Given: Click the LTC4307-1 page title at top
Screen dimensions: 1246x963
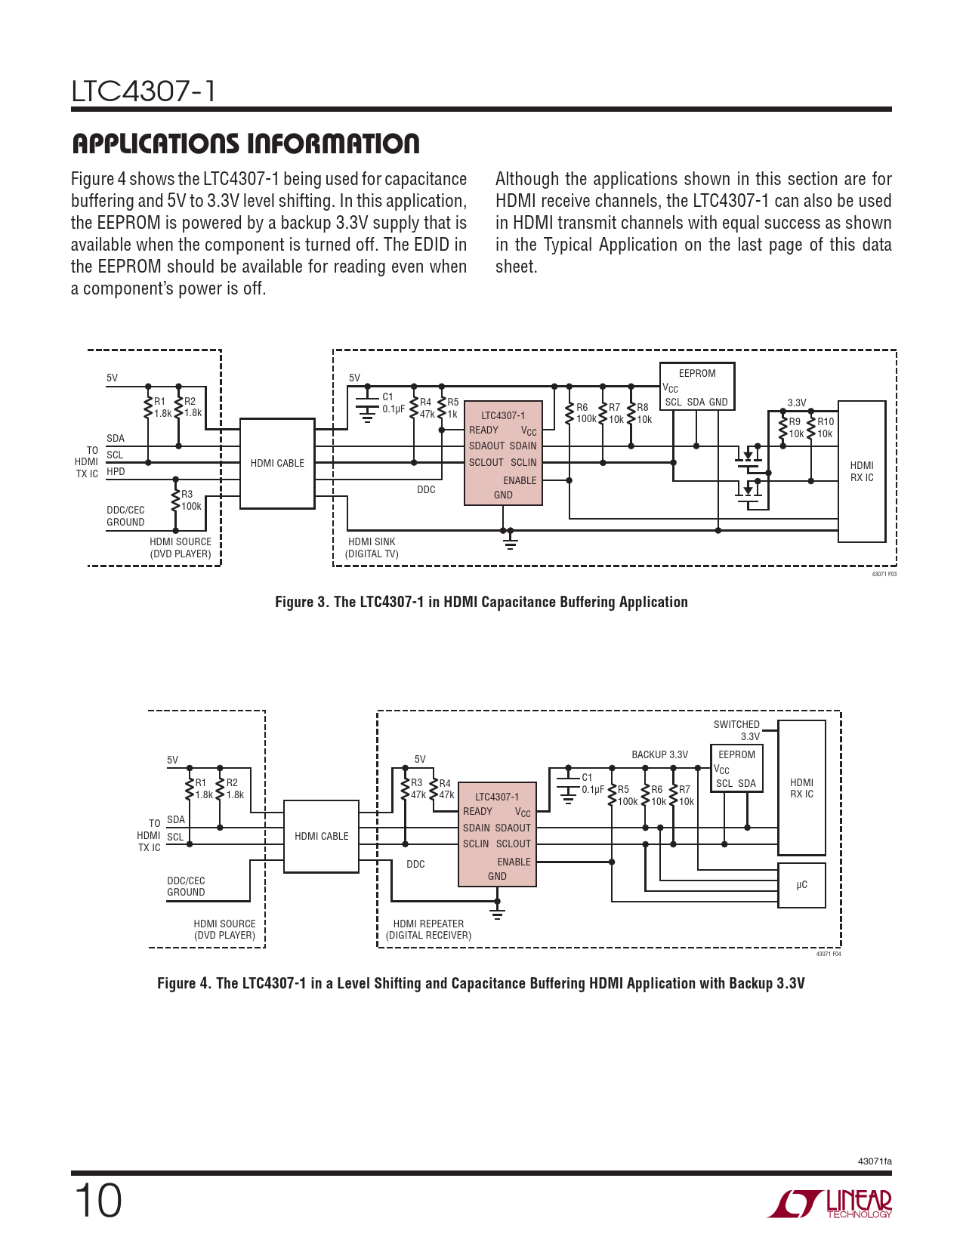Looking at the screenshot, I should click(x=144, y=91).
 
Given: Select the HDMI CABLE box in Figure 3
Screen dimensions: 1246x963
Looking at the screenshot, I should click(x=277, y=463).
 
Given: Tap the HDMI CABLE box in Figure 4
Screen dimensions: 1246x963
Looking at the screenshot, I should click(x=321, y=836).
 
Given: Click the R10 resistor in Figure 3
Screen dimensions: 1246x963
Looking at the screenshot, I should click(x=811, y=428).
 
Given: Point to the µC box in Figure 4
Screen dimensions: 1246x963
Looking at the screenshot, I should click(x=801, y=885).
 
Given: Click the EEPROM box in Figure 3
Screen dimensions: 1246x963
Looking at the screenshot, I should click(x=696, y=386).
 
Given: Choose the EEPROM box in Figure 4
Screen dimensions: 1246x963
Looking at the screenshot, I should click(x=736, y=768).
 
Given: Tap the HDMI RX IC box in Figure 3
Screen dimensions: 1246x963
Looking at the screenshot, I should click(x=861, y=471).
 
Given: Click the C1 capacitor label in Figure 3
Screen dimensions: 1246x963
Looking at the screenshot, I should click(x=387, y=397).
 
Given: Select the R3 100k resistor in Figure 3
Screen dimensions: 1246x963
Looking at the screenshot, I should click(x=176, y=500).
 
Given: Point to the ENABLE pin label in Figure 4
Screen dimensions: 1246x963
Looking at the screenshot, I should click(x=514, y=862).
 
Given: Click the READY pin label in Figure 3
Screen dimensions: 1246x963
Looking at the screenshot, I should click(x=483, y=430).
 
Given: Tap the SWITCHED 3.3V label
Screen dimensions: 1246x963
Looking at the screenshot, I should click(x=736, y=730).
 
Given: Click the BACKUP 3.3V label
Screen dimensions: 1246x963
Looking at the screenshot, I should click(x=659, y=754).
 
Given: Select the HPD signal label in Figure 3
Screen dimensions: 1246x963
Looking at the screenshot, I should click(x=116, y=472).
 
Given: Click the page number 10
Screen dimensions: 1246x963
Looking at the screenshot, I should click(x=97, y=1201).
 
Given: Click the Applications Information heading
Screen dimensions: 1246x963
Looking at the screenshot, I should click(x=245, y=143).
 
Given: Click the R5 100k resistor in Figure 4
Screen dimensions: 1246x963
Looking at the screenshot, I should click(x=613, y=795).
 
